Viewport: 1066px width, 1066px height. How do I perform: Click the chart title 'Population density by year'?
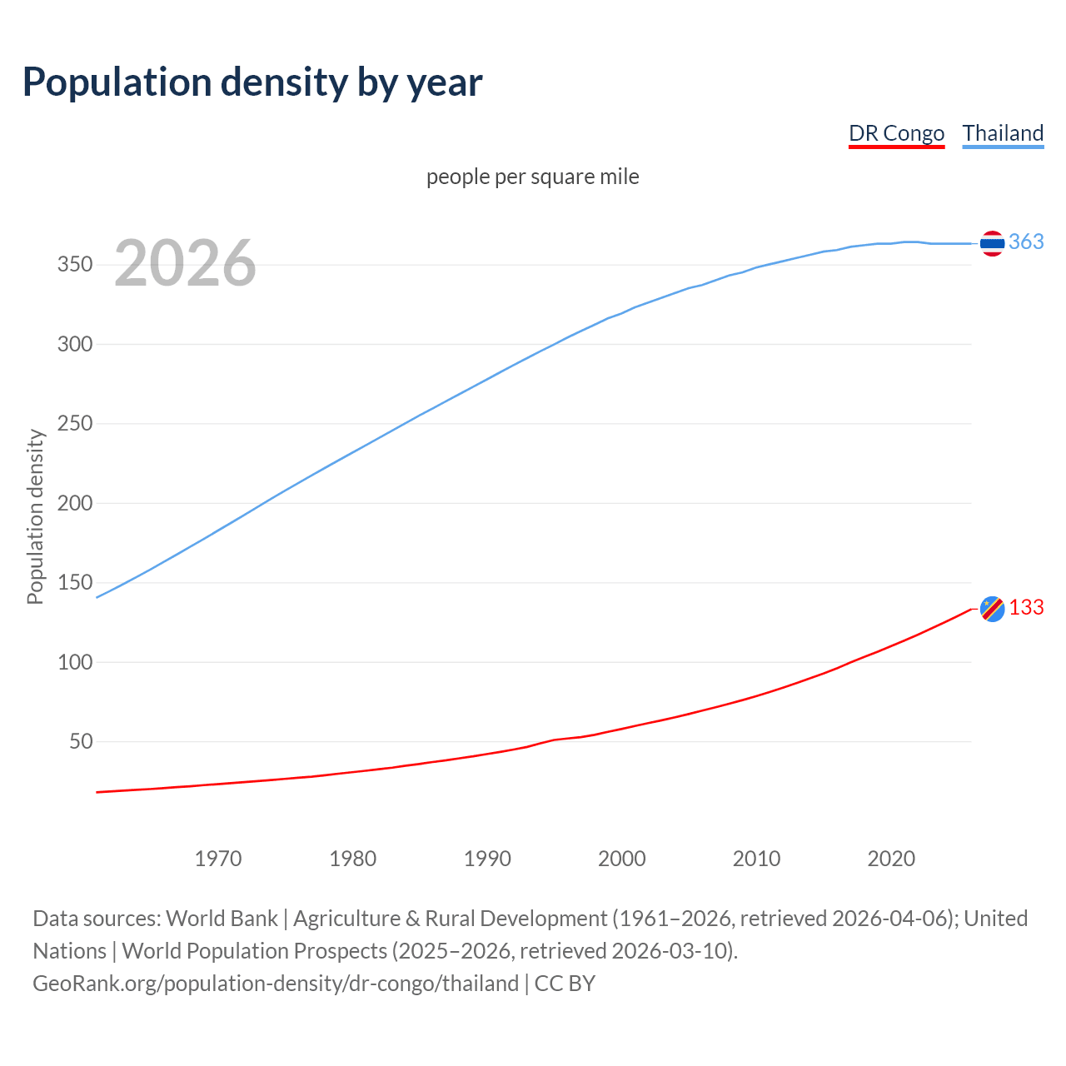point(252,82)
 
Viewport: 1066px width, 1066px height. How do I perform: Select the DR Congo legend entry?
point(896,133)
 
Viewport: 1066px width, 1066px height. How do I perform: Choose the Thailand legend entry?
point(1003,133)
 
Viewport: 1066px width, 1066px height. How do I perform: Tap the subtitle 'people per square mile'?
point(532,177)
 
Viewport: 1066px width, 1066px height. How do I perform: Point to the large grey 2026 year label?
point(185,263)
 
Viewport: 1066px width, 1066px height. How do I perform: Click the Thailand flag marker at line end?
point(991,243)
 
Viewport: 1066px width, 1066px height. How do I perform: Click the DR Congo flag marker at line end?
point(992,609)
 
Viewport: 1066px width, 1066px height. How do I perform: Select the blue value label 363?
point(1026,242)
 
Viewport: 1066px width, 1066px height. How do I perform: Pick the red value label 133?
point(1026,608)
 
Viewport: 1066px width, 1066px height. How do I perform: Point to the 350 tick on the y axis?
point(75,265)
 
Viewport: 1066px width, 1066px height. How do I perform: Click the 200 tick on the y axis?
point(75,503)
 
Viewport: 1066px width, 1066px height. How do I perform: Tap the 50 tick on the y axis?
point(81,741)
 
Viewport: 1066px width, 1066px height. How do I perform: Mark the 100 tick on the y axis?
point(75,662)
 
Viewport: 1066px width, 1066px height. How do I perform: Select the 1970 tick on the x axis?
point(218,859)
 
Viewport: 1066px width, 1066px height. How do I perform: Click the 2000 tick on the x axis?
point(622,859)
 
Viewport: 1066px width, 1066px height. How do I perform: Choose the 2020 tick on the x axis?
point(891,859)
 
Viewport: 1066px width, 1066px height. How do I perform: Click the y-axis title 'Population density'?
point(35,516)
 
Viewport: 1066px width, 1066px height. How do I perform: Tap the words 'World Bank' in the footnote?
point(222,919)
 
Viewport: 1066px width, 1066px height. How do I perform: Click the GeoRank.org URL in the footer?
point(276,984)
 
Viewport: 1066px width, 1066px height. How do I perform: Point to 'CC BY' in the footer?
point(565,984)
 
